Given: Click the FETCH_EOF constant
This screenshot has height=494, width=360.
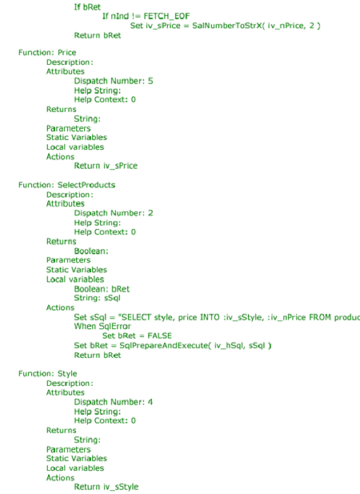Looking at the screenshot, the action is (166, 16).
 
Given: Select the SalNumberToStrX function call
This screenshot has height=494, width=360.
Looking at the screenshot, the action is (257, 26).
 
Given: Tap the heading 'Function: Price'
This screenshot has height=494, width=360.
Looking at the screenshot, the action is (47, 53).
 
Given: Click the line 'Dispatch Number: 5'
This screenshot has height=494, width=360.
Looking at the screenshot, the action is (114, 81).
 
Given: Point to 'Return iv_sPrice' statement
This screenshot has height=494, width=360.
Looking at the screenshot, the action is (106, 166).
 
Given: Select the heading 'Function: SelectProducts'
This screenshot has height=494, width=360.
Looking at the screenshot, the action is (66, 185).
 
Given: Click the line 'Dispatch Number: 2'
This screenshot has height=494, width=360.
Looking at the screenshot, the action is (114, 213).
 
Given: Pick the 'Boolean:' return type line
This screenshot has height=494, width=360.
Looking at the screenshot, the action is (91, 251).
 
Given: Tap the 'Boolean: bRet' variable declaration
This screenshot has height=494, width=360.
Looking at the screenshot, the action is (102, 289).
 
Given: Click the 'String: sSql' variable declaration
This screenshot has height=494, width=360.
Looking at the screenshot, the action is (98, 298).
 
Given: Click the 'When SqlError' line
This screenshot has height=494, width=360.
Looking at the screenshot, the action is (102, 327).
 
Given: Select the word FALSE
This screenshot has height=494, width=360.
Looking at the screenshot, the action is (159, 335).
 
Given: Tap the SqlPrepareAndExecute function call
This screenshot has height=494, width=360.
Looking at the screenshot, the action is (195, 346).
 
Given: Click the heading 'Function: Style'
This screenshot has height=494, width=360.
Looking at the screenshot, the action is (47, 374).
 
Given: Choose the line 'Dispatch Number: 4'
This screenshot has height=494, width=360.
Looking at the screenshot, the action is (114, 402).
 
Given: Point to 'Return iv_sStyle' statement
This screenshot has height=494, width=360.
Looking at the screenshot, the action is (106, 487).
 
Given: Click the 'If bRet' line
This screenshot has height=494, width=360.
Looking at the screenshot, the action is (87, 7).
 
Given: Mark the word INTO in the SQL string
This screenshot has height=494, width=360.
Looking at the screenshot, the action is (210, 317).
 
